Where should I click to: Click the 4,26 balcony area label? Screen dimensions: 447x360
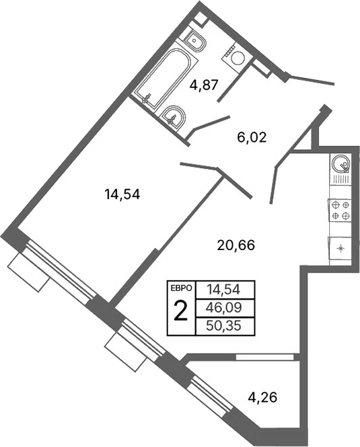263,397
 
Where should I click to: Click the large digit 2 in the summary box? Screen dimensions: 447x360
180,311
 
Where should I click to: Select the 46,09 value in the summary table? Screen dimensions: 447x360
224,309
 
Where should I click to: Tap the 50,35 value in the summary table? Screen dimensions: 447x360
224,327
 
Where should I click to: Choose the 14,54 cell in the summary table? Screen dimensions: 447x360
224,290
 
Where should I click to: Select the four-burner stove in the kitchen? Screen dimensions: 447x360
340,210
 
